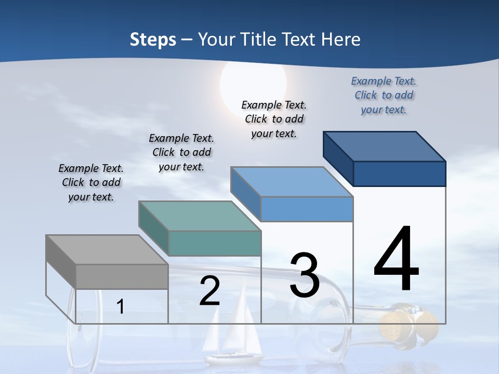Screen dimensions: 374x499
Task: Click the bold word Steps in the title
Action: tap(153, 39)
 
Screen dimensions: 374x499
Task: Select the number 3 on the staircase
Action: tap(305, 275)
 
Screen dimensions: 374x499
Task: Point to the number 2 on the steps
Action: tap(210, 291)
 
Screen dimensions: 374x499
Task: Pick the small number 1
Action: tap(121, 307)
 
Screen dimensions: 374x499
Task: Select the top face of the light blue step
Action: tap(292, 182)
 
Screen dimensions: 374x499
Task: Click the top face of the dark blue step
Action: tap(384, 146)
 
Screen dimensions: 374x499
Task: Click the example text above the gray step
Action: tap(91, 183)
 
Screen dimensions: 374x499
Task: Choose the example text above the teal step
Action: tap(181, 153)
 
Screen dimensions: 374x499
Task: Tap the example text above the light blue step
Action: tap(274, 119)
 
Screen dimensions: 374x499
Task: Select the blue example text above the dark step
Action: tap(384, 96)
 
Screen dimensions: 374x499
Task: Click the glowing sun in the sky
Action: tap(253, 83)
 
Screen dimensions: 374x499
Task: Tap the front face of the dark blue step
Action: tap(399, 173)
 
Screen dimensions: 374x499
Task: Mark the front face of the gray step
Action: tap(122, 276)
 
